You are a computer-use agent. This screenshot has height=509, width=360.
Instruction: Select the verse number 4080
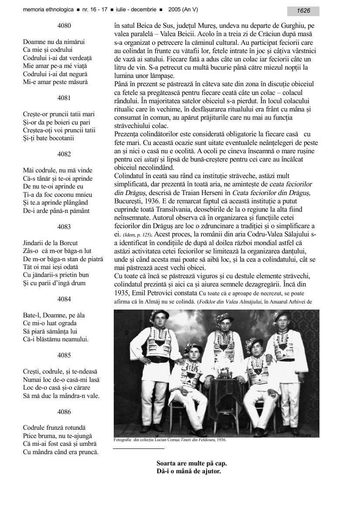click(x=64, y=26)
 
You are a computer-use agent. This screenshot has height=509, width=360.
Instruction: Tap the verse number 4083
click(x=64, y=226)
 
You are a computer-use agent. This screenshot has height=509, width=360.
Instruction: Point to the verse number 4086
click(x=64, y=411)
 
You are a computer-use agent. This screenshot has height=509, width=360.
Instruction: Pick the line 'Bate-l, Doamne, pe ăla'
click(x=54, y=315)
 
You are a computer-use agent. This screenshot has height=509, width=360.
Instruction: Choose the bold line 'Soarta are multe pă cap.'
click(x=192, y=463)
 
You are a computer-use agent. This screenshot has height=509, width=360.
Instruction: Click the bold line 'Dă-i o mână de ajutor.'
click(x=189, y=471)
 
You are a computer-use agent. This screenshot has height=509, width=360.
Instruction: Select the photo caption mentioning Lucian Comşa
click(x=170, y=440)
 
